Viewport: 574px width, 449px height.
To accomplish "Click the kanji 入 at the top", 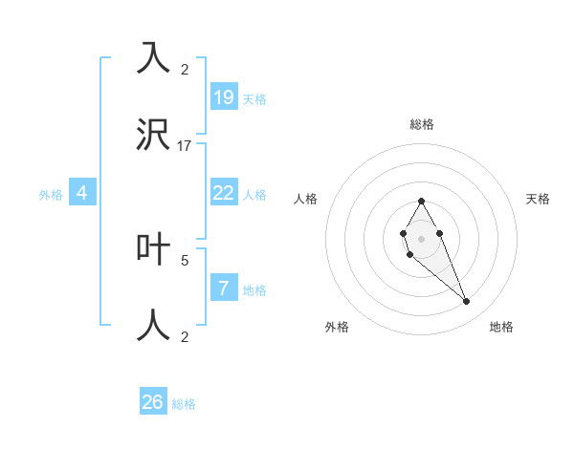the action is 153,58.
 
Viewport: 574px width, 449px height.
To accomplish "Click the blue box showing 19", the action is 224,96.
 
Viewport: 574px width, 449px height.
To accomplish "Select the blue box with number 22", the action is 224,193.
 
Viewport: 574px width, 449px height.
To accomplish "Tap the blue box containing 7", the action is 224,289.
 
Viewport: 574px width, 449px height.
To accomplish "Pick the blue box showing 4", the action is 82,193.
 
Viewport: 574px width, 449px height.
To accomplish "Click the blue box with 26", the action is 153,402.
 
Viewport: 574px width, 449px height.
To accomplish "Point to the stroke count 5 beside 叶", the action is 185,259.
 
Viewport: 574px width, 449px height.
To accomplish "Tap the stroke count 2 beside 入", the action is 185,70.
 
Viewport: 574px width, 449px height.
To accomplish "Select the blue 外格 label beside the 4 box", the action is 51,194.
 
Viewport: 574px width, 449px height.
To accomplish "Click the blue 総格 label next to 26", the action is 184,404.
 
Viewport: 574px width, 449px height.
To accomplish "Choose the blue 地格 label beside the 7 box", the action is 254,290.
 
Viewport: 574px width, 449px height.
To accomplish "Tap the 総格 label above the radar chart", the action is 422,124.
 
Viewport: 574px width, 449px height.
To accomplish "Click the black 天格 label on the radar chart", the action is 538,199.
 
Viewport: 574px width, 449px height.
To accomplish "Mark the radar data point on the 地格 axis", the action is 467,302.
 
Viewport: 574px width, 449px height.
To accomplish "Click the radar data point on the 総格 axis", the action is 421,201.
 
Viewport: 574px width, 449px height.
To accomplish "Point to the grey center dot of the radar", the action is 421,237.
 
